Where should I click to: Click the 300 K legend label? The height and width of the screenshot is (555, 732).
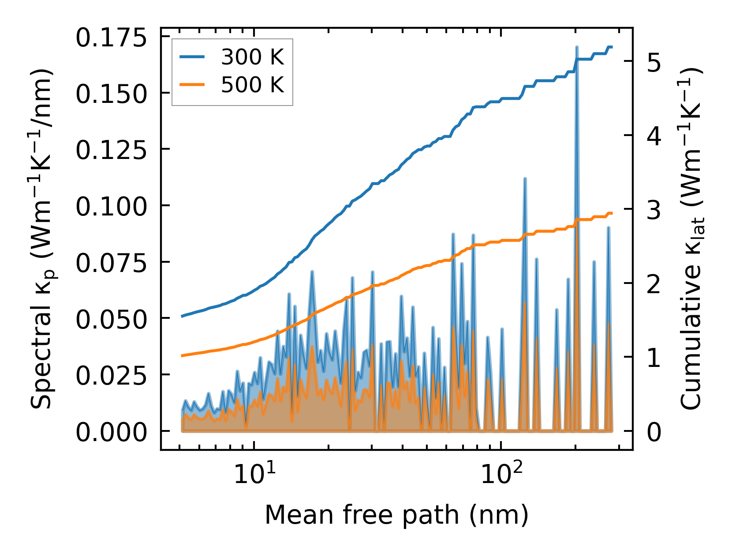[252, 57]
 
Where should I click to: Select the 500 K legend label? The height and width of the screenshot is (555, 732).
[252, 85]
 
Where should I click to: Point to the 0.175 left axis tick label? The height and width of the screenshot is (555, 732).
[111, 38]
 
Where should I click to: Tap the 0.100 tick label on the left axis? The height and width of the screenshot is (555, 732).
[111, 206]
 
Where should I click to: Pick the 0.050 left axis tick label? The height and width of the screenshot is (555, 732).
[111, 319]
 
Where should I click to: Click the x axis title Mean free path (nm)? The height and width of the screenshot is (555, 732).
[396, 515]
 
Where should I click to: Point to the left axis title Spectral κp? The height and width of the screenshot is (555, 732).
[43, 238]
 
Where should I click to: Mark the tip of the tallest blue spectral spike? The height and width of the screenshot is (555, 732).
[576, 47]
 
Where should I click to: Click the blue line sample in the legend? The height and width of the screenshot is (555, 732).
[192, 57]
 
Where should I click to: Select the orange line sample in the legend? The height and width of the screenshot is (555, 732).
[192, 85]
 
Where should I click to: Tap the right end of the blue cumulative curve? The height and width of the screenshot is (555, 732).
[612, 47]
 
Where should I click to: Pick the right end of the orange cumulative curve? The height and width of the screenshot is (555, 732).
[612, 213]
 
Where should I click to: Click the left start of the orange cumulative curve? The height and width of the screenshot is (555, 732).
[182, 355]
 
